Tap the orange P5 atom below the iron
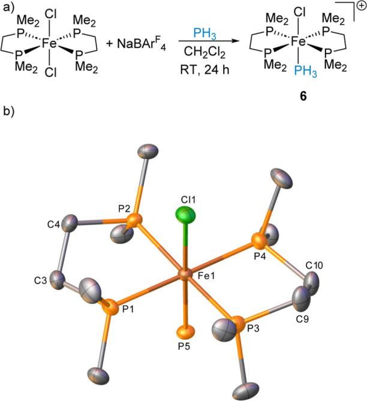click(185, 330)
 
